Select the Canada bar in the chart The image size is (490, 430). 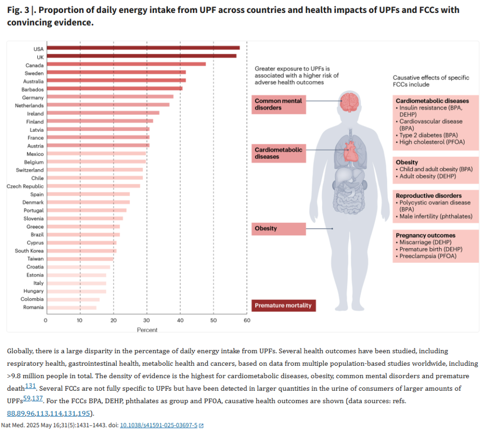(x=126, y=64)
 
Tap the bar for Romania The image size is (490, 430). (x=71, y=307)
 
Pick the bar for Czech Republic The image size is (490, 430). (x=93, y=186)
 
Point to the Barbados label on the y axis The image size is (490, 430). (x=33, y=89)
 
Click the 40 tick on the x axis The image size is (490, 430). (x=180, y=321)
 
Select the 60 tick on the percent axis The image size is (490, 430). (x=247, y=321)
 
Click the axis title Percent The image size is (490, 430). (x=147, y=330)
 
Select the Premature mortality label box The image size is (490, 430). (x=283, y=305)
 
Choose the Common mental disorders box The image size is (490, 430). (x=279, y=104)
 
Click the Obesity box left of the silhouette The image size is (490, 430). (x=279, y=228)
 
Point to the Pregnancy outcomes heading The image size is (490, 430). (x=425, y=235)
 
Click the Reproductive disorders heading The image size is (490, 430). (x=428, y=196)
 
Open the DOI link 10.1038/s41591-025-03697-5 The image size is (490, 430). (x=158, y=425)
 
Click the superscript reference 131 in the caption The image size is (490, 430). (x=31, y=385)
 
